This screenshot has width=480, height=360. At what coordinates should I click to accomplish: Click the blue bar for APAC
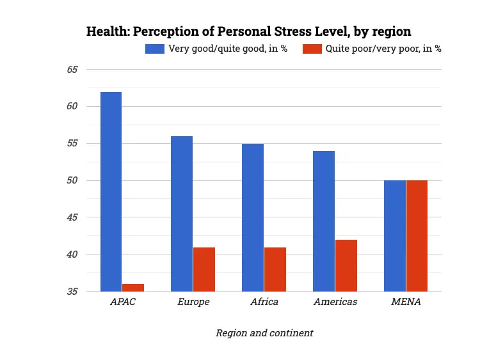pos(111,192)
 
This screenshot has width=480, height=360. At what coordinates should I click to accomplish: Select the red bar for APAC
pos(133,288)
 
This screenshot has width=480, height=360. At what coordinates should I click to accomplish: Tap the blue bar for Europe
pos(182,214)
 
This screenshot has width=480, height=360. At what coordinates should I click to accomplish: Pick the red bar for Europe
pos(204,269)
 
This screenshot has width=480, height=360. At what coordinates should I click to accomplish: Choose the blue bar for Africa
pos(253,217)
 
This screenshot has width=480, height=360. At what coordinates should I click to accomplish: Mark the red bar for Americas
pos(346,265)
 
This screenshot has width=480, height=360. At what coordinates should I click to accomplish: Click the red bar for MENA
pos(417,236)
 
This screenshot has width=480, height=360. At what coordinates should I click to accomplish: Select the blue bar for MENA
pos(395,236)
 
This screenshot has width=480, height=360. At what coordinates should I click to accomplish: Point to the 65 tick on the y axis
pos(72,69)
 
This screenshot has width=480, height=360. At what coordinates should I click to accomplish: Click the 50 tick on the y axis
pos(72,180)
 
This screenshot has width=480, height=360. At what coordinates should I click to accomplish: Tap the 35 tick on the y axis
pos(72,292)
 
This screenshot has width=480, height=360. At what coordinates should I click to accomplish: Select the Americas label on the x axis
pos(335,302)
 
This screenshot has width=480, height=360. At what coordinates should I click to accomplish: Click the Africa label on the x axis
pos(264,302)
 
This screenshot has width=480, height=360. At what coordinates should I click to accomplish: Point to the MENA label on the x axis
pos(406,302)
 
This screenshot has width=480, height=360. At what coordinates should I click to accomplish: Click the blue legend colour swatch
pos(155,49)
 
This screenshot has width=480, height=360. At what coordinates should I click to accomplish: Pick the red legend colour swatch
pos(312,49)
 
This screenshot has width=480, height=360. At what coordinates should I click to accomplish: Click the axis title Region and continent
pos(264,333)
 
